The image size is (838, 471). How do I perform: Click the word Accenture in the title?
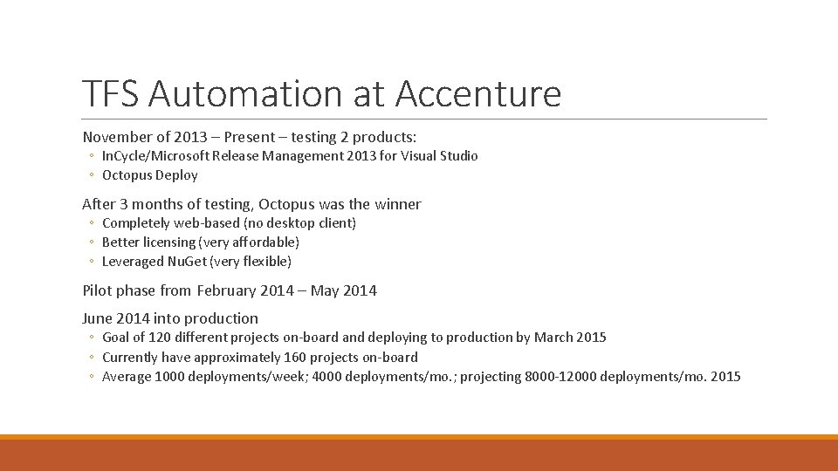(477, 93)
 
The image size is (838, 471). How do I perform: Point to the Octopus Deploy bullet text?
(150, 175)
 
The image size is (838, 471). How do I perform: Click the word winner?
(398, 204)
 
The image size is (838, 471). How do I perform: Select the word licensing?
(170, 242)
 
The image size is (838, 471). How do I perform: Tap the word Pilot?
(97, 290)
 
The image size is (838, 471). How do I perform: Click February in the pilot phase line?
(230, 290)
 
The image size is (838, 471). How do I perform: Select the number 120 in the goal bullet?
(160, 338)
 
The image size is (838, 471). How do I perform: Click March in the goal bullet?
(553, 338)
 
